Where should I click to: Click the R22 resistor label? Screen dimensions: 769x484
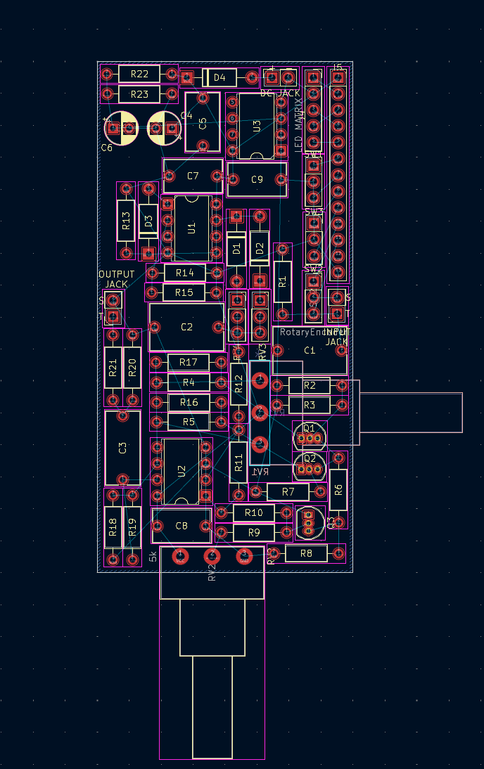pyautogui.click(x=139, y=75)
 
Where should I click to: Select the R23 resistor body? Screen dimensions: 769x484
pyautogui.click(x=139, y=94)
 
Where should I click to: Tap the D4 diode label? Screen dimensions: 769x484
pyautogui.click(x=219, y=77)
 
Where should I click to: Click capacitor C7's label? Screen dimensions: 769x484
pyautogui.click(x=193, y=176)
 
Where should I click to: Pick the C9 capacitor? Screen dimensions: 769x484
pyautogui.click(x=257, y=180)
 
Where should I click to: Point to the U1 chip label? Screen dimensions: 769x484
pyautogui.click(x=191, y=228)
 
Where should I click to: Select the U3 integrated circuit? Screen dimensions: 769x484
pyautogui.click(x=256, y=126)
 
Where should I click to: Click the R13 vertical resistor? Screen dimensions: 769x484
pyautogui.click(x=126, y=221)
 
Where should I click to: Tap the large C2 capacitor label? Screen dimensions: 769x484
pyautogui.click(x=186, y=328)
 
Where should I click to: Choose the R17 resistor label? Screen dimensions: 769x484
pyautogui.click(x=189, y=363)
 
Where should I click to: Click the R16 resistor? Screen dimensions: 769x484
pyautogui.click(x=189, y=403)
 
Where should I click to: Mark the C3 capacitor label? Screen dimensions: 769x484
pyautogui.click(x=122, y=448)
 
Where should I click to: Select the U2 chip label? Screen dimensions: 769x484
pyautogui.click(x=182, y=471)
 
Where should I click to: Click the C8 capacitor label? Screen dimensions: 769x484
pyautogui.click(x=181, y=526)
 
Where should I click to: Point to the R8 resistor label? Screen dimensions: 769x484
pyautogui.click(x=306, y=554)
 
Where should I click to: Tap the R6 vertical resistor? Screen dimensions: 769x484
pyautogui.click(x=338, y=489)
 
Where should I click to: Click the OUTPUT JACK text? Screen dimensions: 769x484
pyautogui.click(x=117, y=279)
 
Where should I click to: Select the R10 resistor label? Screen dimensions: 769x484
pyautogui.click(x=254, y=513)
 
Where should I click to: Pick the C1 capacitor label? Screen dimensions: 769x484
pyautogui.click(x=310, y=350)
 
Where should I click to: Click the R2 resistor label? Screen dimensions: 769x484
pyautogui.click(x=310, y=385)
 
